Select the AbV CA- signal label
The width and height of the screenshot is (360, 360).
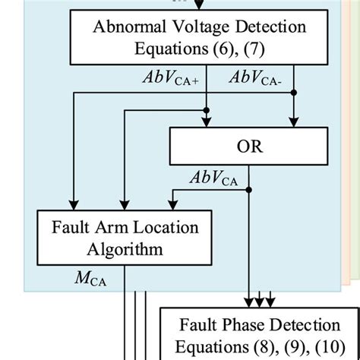coord(257,78)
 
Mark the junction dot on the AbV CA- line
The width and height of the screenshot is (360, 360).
coord(293,92)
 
